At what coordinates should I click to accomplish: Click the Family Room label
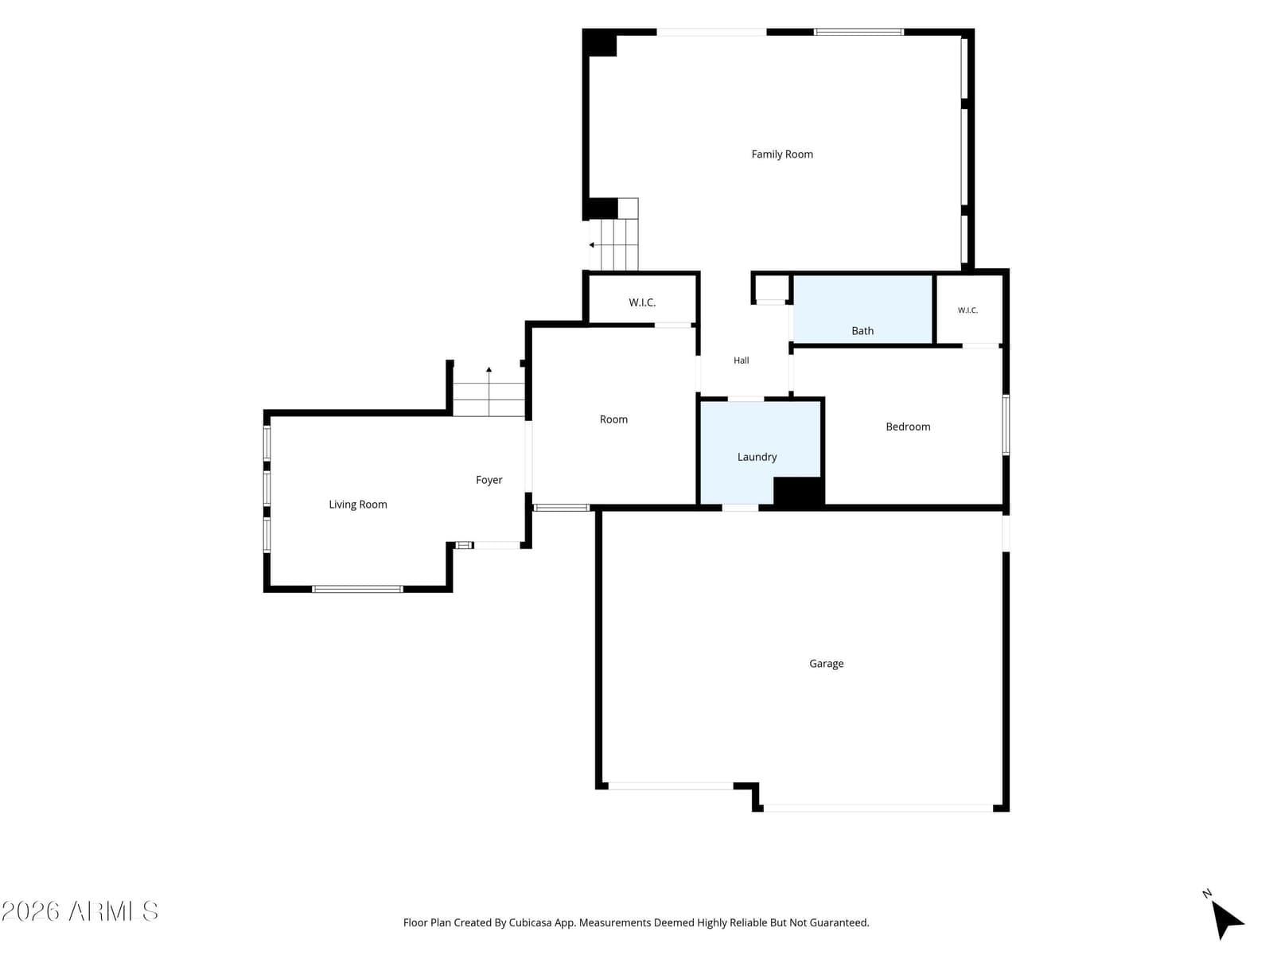coord(782,154)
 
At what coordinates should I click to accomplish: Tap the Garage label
coord(826,664)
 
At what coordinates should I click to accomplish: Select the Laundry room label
coord(757,457)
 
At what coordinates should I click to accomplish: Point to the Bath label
coord(862,330)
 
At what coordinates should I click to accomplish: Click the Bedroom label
coord(908,427)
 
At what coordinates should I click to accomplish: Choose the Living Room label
coord(358,505)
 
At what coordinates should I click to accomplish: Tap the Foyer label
coord(489,480)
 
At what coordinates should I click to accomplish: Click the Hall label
coord(742,361)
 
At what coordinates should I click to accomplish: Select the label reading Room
coord(613,419)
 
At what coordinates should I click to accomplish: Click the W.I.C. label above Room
coord(642,302)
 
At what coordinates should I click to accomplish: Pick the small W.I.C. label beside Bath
coord(967,310)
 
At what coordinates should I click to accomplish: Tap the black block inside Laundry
coord(799,492)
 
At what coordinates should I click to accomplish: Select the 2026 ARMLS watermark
coord(80,911)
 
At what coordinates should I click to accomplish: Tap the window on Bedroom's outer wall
coord(1006,425)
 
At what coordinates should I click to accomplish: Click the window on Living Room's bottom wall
coord(357,589)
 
